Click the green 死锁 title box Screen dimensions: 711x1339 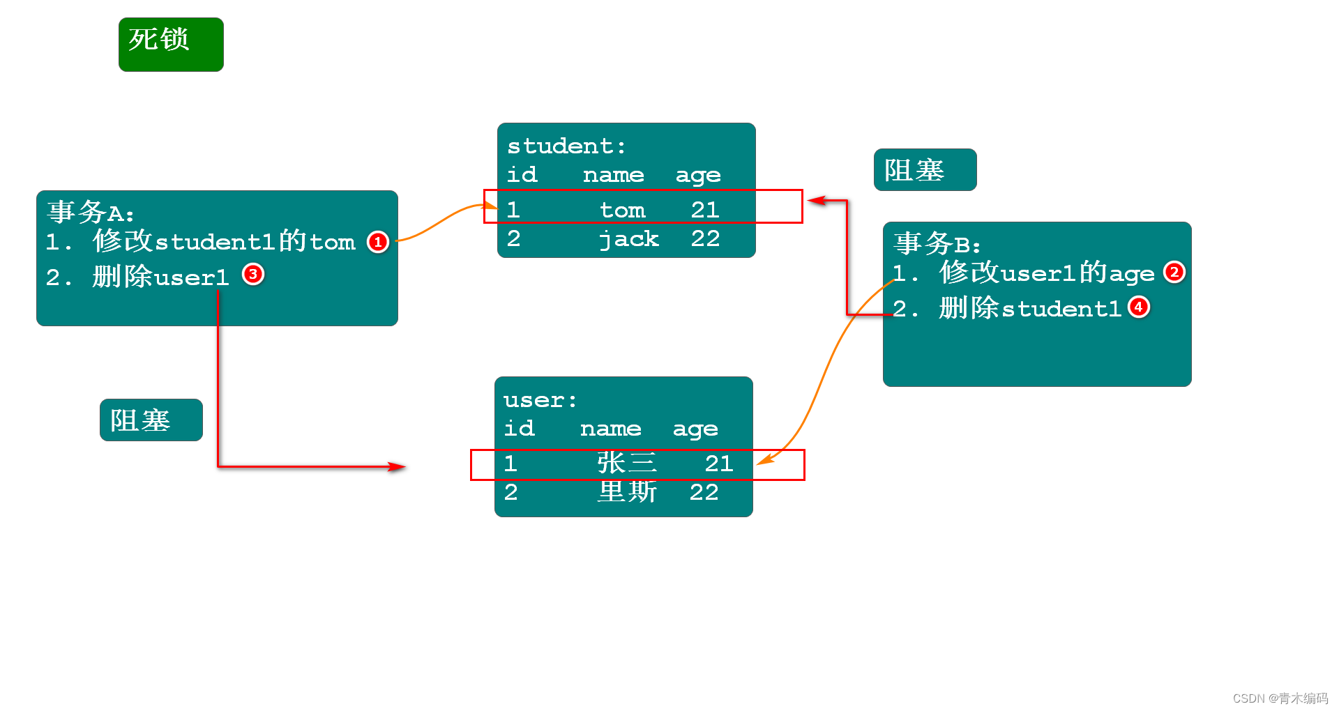[x=171, y=44]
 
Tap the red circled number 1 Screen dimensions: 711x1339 [x=378, y=242]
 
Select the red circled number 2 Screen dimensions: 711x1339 [x=1174, y=272]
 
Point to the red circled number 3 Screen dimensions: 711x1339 [x=253, y=275]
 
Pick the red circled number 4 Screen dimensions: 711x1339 [x=1139, y=307]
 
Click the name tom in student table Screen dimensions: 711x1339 [x=622, y=210]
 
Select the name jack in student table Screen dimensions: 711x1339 [x=629, y=239]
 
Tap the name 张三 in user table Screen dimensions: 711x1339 [x=626, y=463]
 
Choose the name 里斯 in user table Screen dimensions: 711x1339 [x=627, y=492]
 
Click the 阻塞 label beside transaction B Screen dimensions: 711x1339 [x=925, y=169]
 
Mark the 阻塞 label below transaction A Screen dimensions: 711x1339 [x=151, y=420]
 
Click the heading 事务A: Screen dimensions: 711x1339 [x=91, y=212]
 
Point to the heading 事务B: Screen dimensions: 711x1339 [x=937, y=244]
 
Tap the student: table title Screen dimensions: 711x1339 [x=566, y=146]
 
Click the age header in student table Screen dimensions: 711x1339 [x=698, y=175]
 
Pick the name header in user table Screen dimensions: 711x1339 [x=610, y=429]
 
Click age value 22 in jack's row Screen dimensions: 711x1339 [x=705, y=238]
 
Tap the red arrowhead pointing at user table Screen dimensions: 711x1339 [x=398, y=466]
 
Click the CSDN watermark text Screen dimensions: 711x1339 [x=1280, y=698]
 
